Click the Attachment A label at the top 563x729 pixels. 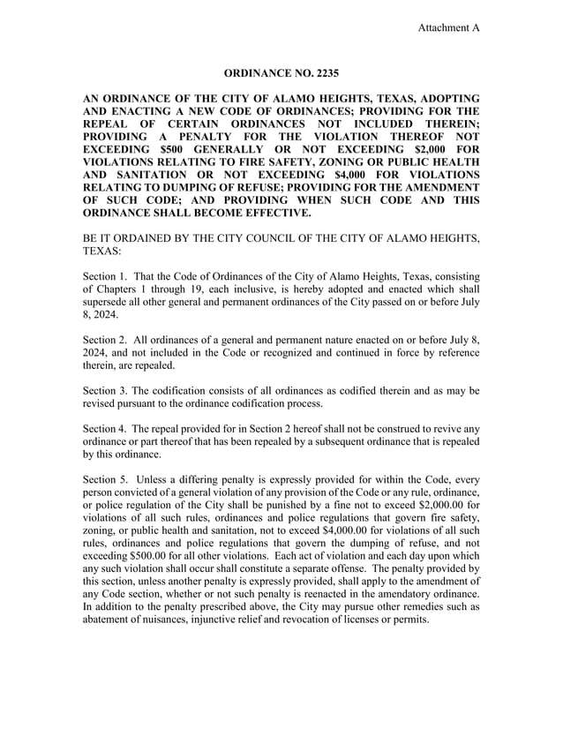(x=448, y=27)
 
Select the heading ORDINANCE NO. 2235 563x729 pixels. (x=281, y=71)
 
